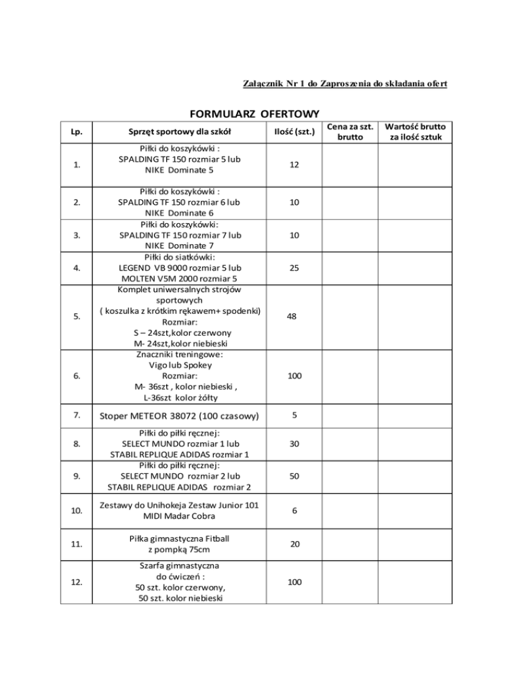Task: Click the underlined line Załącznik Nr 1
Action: (345, 83)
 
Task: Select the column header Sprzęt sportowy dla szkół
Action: (181, 132)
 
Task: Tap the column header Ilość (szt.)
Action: (290, 132)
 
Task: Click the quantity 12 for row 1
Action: (290, 166)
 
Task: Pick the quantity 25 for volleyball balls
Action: (290, 268)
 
